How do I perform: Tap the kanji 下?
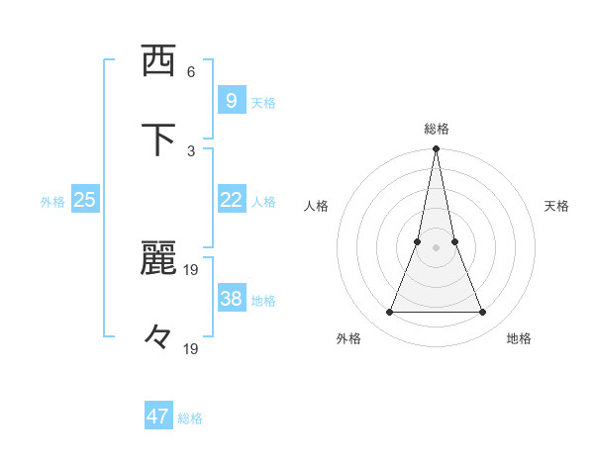click(158, 139)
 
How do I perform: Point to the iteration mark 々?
click(157, 336)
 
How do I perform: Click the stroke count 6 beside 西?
click(191, 72)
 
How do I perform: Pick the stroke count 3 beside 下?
click(191, 150)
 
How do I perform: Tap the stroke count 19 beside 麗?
click(191, 269)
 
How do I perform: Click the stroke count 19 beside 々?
click(191, 348)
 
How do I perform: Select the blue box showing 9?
click(231, 100)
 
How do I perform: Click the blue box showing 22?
click(231, 200)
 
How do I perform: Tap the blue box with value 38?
click(231, 298)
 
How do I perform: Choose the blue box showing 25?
click(84, 200)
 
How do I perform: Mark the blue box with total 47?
click(158, 417)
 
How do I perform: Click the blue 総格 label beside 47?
click(190, 418)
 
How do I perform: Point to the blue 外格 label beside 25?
click(52, 202)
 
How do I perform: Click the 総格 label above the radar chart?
click(437, 129)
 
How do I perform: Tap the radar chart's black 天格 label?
click(556, 206)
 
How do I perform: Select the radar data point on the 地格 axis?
click(483, 313)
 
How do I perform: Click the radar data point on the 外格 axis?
click(389, 313)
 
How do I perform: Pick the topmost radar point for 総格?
click(436, 149)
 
